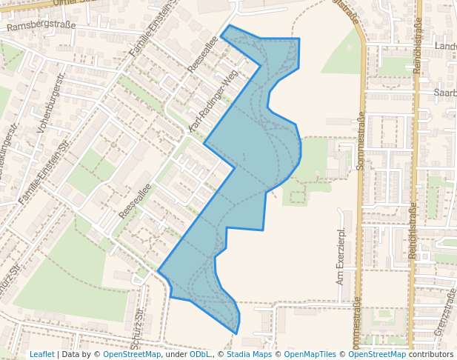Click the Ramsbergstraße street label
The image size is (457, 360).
(41, 26)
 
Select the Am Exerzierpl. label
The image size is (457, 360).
(341, 257)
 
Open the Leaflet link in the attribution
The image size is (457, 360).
(41, 354)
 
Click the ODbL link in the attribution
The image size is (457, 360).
(201, 354)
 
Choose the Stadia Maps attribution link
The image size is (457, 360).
(249, 354)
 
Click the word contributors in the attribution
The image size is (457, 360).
(431, 354)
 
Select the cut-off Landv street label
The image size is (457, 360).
(446, 46)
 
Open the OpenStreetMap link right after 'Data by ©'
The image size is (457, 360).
(132, 354)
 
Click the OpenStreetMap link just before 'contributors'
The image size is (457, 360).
(376, 354)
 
